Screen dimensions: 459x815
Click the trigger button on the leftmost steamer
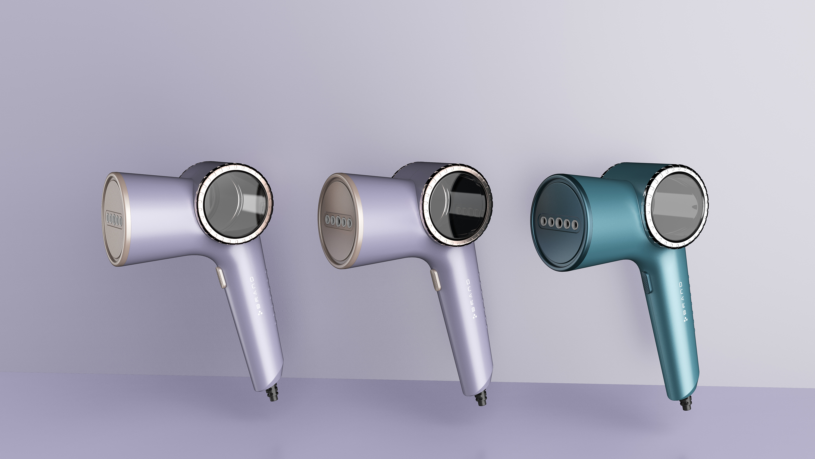(x=221, y=277)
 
